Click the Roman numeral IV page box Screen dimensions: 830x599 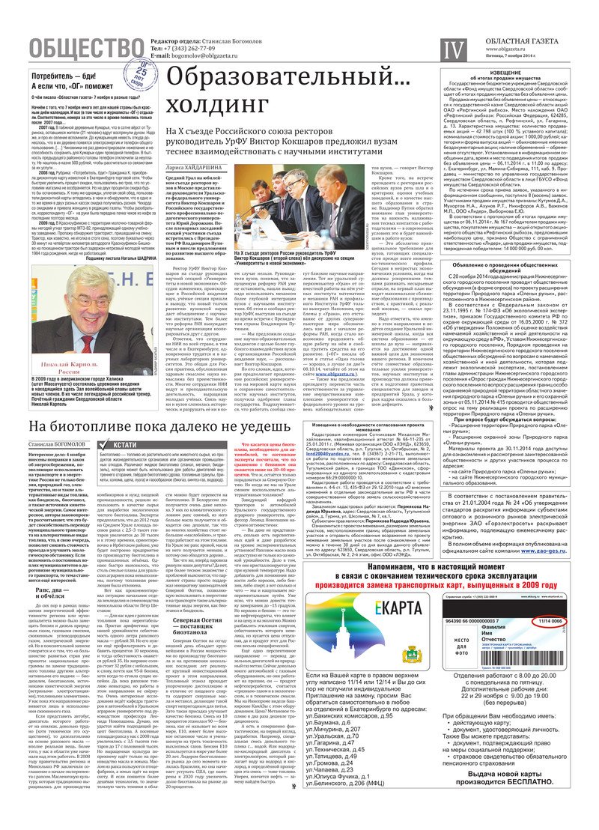click(451, 50)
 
